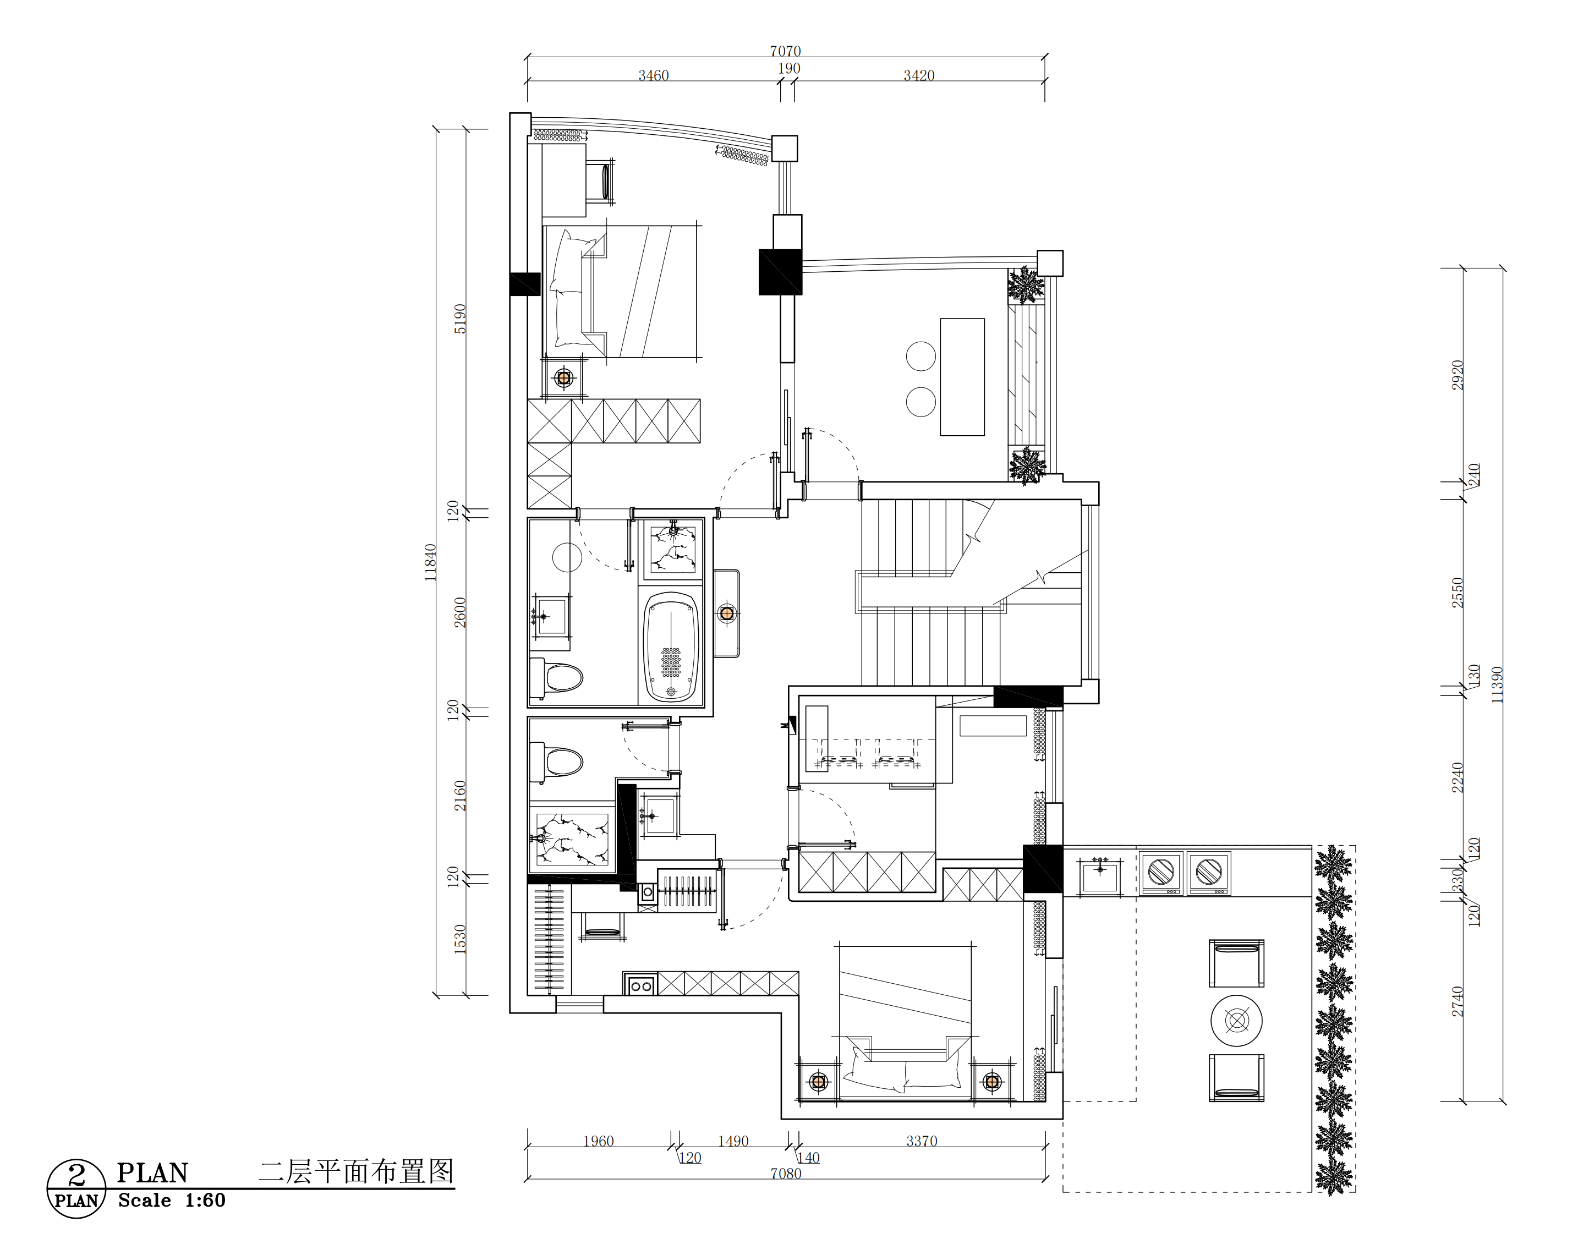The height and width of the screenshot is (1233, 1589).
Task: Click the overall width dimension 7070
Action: pos(785,51)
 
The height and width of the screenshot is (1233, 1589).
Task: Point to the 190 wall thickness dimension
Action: pos(788,68)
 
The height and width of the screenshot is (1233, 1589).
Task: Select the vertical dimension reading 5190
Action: pos(460,319)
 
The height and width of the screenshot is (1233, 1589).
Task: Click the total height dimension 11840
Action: pos(430,562)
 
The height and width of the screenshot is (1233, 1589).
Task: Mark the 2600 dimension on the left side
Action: pos(460,612)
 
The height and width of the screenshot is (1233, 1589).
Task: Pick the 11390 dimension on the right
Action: pos(1497,684)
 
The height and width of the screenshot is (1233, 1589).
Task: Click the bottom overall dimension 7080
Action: pos(786,1174)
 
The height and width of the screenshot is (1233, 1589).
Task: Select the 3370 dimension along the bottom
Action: pos(922,1141)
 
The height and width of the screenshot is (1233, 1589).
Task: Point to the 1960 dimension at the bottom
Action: pos(598,1141)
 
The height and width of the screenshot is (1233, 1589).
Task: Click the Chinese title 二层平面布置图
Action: pos(357,1171)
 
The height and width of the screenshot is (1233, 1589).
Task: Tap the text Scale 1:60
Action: pos(172,1201)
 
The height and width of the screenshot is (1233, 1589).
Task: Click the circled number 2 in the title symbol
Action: pos(76,1174)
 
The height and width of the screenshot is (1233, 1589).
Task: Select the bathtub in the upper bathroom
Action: pos(671,646)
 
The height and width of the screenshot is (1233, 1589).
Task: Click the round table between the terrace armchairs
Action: pos(1236,1021)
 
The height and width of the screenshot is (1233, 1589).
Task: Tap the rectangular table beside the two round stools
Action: pos(962,377)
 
